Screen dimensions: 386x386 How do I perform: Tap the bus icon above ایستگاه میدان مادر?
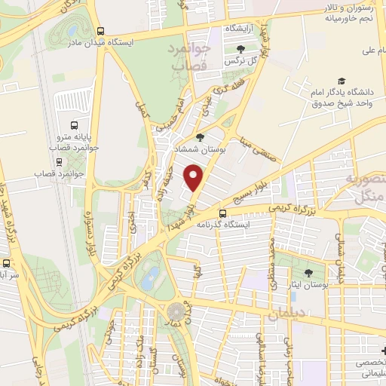100,31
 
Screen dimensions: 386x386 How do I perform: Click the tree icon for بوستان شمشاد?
199,138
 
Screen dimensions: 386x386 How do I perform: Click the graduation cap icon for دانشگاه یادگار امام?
342,81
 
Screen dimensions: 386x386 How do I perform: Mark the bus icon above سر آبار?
5,265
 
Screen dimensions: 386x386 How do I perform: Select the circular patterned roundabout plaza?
176,311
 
